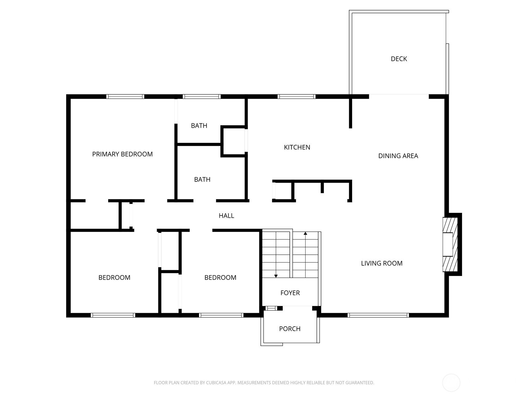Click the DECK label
399,59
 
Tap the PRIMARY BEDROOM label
122,154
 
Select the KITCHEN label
297,147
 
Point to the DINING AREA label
398,156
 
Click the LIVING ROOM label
381,263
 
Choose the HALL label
226,216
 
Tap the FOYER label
290,293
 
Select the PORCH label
290,329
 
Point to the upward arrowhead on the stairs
305,233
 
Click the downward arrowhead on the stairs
276,276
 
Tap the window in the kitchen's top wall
296,97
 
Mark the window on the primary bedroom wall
125,97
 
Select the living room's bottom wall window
378,315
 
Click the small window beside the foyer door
271,308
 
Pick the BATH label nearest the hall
202,180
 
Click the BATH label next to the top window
199,126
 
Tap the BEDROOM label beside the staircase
220,278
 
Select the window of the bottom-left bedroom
113,315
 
